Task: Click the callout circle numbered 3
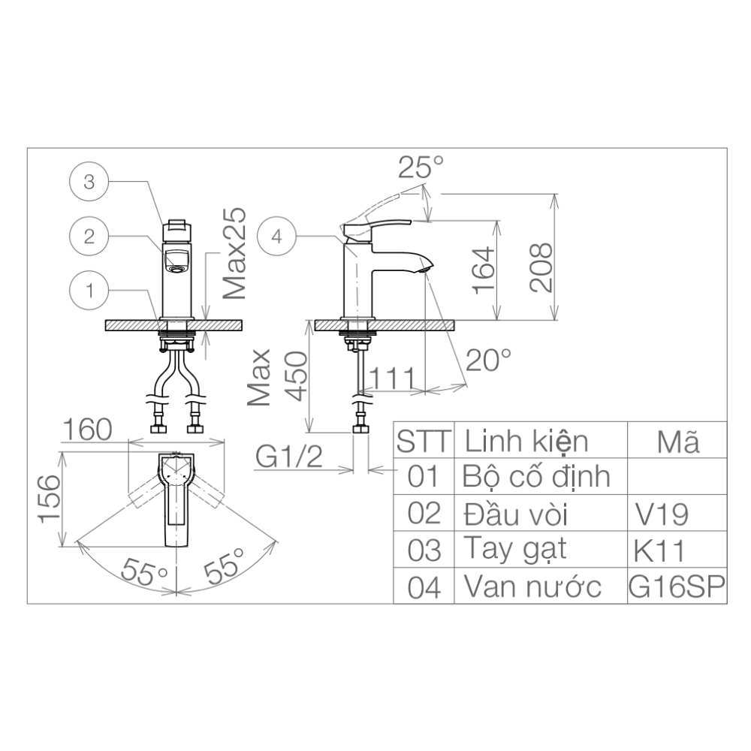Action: coord(89,182)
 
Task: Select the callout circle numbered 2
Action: coord(89,237)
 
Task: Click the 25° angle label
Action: coord(421,167)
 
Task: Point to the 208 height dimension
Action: coord(541,268)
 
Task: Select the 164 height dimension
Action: coord(484,270)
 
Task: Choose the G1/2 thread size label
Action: coord(289,456)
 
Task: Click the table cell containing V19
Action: coord(662,514)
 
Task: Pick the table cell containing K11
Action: coord(659,550)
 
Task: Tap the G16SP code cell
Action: coord(677,587)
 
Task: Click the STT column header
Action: coord(424,441)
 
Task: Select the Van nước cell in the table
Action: coord(532,587)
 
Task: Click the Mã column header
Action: coord(677,441)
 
